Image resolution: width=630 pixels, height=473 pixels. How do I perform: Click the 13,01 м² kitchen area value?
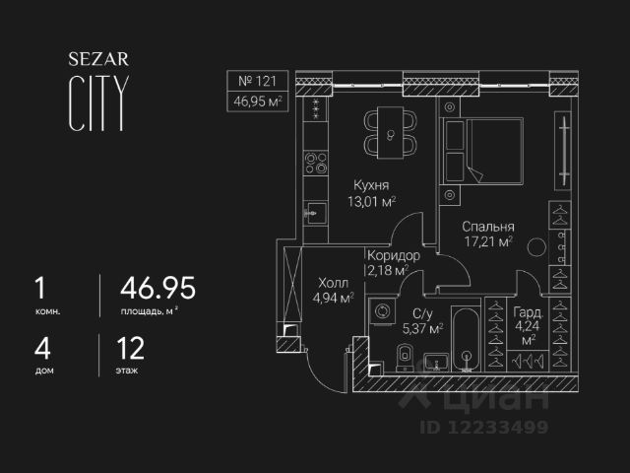(x=374, y=202)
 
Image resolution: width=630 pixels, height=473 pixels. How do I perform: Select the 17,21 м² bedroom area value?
(x=489, y=239)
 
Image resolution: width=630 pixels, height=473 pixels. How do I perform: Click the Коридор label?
(x=393, y=255)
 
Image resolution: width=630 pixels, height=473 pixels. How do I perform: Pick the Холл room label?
(x=333, y=280)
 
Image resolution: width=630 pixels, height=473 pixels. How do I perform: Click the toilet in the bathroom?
(x=403, y=356)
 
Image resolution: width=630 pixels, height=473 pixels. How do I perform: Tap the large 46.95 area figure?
(x=157, y=289)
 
